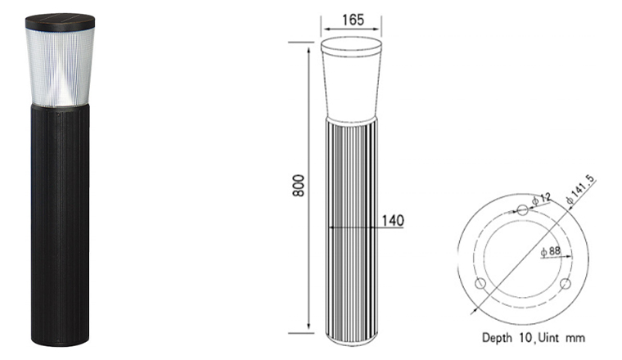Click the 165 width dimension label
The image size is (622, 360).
[x=353, y=20]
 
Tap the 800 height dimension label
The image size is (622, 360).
[x=298, y=186]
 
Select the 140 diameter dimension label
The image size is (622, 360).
[x=393, y=220]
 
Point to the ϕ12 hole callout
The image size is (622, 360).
[x=541, y=199]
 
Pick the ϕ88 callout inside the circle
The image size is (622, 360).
[x=551, y=251]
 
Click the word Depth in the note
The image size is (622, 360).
[x=497, y=338]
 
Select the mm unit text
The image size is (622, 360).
[x=575, y=339]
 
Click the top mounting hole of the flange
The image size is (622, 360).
[x=523, y=209]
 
